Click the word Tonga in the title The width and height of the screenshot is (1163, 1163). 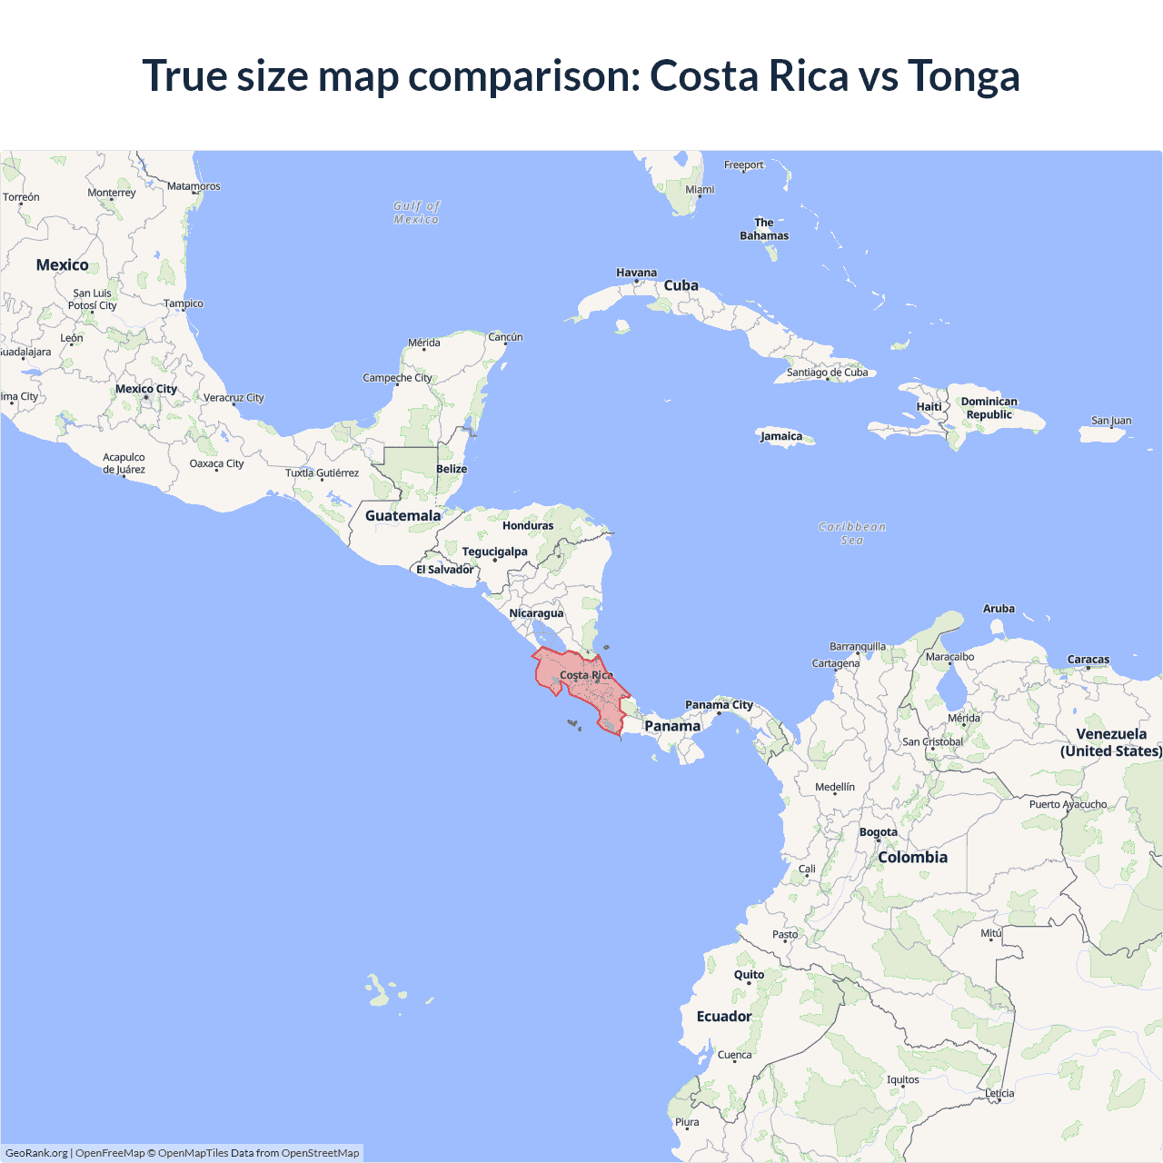963,76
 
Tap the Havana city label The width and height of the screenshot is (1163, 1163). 636,273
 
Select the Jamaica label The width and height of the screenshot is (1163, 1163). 781,436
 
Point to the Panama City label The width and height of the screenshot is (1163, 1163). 719,705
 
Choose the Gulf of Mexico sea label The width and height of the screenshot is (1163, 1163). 416,213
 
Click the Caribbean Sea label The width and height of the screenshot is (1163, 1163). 851,533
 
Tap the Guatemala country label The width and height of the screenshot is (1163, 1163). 403,516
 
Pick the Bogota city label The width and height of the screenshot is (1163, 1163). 878,832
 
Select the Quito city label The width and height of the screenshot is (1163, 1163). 749,975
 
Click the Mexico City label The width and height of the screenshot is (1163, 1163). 146,389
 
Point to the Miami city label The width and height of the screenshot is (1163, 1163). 700,190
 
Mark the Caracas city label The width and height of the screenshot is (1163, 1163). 1088,660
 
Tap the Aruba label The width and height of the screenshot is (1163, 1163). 999,609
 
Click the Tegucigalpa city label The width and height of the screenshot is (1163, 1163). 494,552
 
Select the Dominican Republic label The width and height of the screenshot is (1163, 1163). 989,408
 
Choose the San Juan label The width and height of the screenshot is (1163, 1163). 1110,421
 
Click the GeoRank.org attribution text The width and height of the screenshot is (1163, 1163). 36,1153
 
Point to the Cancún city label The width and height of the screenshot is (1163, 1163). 505,337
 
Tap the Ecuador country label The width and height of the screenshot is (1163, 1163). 723,1017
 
